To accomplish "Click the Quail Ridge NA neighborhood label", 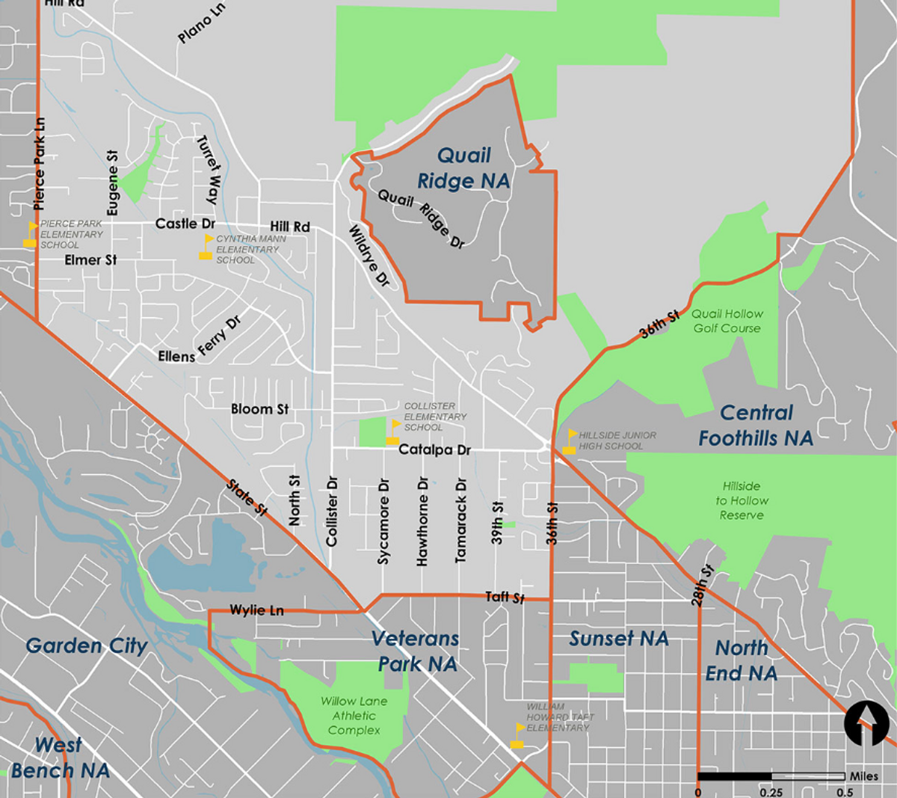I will pos(463,168).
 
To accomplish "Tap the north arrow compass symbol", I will pos(866,724).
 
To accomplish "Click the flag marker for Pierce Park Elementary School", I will pos(31,234).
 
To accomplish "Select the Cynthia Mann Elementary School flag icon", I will pos(206,248).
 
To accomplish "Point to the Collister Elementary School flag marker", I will pos(393,432).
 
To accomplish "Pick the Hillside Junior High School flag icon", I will pos(570,442).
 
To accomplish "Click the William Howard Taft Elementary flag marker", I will pos(517,735).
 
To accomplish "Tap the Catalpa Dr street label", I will pos(434,450).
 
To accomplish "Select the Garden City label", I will pos(87,646).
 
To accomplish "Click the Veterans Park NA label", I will pos(416,651).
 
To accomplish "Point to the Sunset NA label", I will pos(619,639).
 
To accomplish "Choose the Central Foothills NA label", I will pos(756,426).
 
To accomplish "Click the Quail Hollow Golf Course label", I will pos(727,321).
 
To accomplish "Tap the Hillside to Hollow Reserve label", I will pos(742,500).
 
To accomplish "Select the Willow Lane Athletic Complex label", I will pos(354,716).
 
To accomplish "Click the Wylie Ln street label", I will pos(256,610).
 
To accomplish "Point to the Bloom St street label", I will pos(259,409).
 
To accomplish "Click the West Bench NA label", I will pos(60,758).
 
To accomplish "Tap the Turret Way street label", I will pos(207,170).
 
